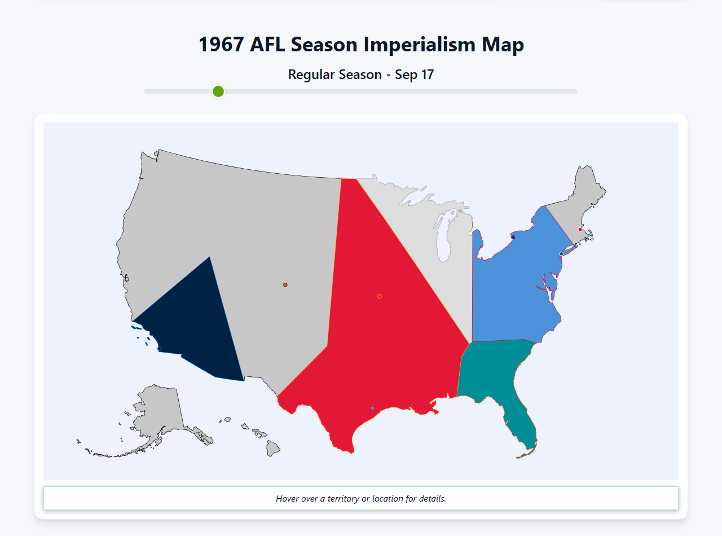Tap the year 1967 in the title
(221, 45)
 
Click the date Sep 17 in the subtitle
(414, 74)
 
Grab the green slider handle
(218, 91)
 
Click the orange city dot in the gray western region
(285, 285)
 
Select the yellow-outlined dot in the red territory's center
(380, 296)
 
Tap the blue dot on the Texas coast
(372, 408)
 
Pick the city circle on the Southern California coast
(159, 349)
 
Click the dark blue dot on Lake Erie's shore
(513, 238)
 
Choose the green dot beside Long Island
(561, 254)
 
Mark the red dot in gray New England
(580, 230)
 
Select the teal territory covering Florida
(496, 372)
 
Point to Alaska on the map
(158, 412)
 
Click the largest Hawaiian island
(273, 449)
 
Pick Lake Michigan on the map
(446, 237)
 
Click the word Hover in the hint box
(288, 499)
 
